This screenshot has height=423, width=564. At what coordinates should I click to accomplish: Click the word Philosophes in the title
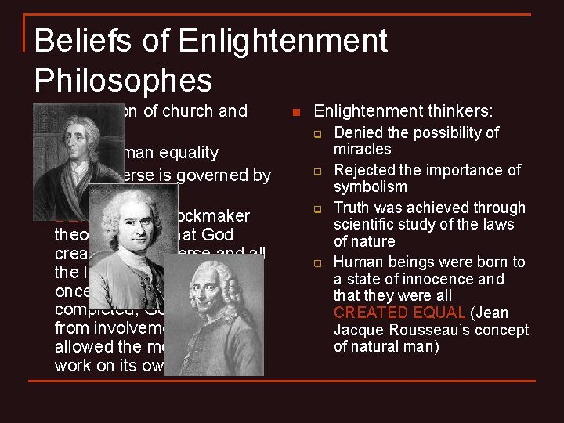123,80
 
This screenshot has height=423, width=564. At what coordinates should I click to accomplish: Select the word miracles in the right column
362,149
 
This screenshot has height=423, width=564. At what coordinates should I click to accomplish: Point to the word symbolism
370,186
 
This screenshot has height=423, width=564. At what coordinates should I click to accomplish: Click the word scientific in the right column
367,225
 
